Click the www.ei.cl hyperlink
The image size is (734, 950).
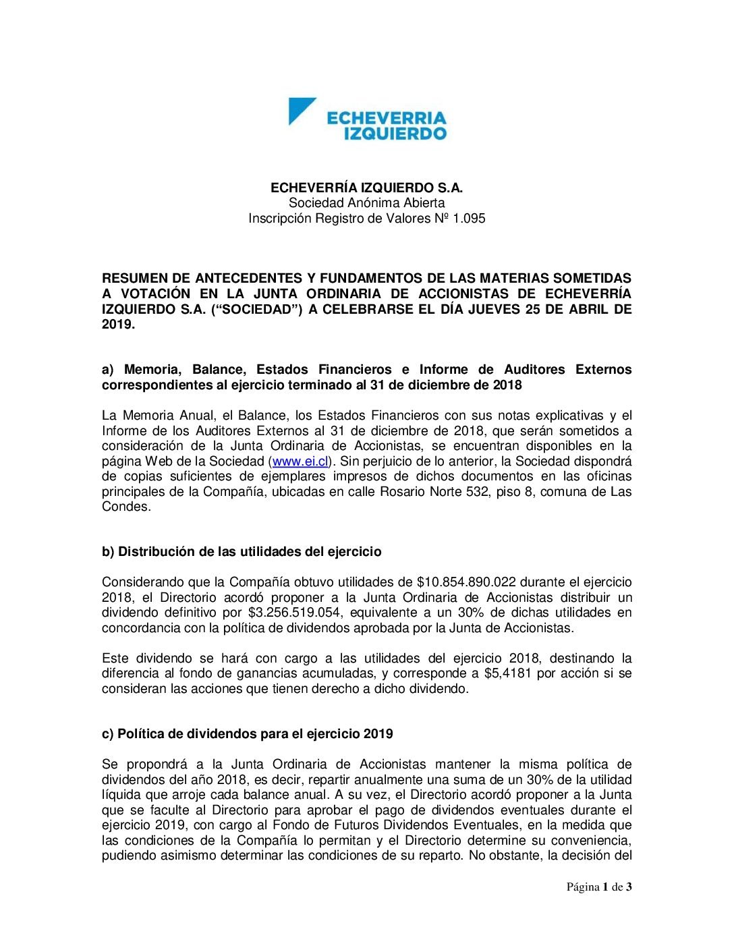click(x=300, y=462)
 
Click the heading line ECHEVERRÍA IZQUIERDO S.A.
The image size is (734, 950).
click(x=366, y=188)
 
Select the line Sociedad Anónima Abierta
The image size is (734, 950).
click(x=366, y=203)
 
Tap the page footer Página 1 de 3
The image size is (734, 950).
click(x=599, y=887)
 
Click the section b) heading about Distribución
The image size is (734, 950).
click(x=242, y=552)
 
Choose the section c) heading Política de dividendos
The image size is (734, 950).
click(x=248, y=734)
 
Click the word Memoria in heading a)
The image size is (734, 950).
click(x=153, y=370)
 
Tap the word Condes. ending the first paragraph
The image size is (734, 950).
click(x=126, y=507)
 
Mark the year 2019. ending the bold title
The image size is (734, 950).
click(x=118, y=325)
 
